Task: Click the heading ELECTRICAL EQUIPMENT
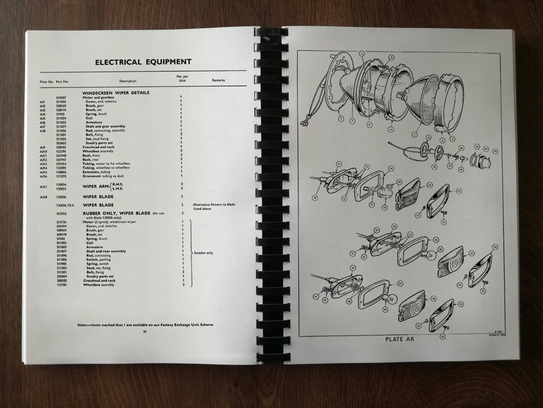pos(143,62)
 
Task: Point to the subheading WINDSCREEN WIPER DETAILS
pos(116,92)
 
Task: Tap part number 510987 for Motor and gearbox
pos(61,97)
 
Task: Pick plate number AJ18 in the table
pos(44,196)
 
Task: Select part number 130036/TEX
pos(65,205)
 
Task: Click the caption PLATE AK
pos(401,339)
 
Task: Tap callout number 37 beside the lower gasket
pos(400,283)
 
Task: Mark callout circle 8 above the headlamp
pos(361,53)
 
